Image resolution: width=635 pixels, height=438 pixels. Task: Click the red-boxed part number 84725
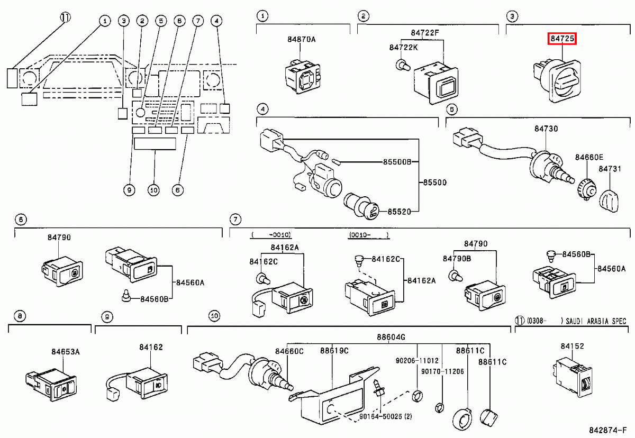(x=562, y=39)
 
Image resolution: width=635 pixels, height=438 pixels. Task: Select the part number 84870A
(x=301, y=39)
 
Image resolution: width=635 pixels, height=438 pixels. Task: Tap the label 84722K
(x=403, y=47)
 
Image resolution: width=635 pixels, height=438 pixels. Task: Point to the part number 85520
(x=399, y=211)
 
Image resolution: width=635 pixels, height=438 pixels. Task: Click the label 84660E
(x=589, y=157)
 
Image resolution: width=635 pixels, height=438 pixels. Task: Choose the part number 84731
(x=610, y=169)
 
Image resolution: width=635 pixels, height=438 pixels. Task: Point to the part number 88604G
(x=391, y=337)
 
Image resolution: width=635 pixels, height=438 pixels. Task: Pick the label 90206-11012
(x=416, y=361)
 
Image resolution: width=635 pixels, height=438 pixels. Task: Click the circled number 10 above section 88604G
(x=214, y=316)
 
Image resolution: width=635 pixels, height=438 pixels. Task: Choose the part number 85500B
(x=396, y=161)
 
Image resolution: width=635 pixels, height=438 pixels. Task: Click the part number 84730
(x=546, y=129)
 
